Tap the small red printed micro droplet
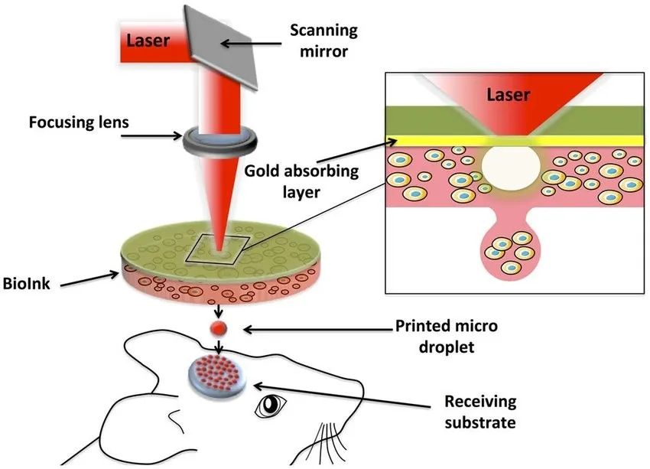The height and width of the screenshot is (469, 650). [219, 328]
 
